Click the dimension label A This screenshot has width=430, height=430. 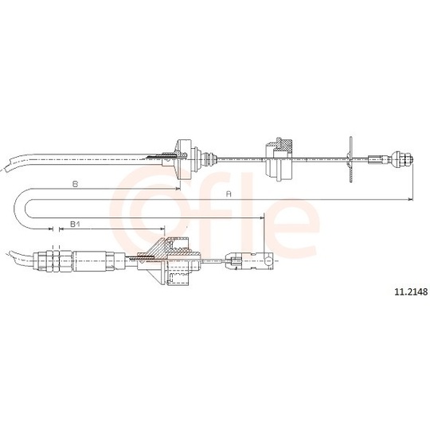pyautogui.click(x=229, y=193)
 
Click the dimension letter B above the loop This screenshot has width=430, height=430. pyautogui.click(x=74, y=184)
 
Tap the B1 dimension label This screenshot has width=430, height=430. pyautogui.click(x=74, y=225)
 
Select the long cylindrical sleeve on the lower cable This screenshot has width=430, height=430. pyautogui.click(x=96, y=260)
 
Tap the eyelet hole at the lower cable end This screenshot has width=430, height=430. pyautogui.click(x=272, y=260)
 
